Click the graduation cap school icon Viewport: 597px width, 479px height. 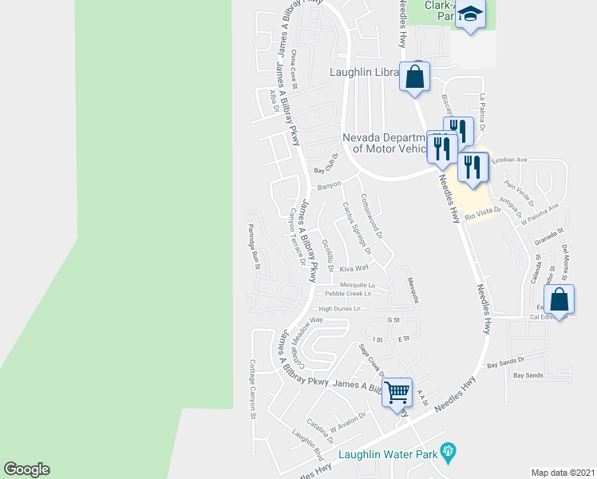(471, 16)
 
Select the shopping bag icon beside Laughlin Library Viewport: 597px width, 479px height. (414, 77)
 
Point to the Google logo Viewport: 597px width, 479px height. (26, 469)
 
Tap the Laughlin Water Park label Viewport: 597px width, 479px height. (387, 455)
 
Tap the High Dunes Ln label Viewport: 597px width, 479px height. (340, 308)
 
